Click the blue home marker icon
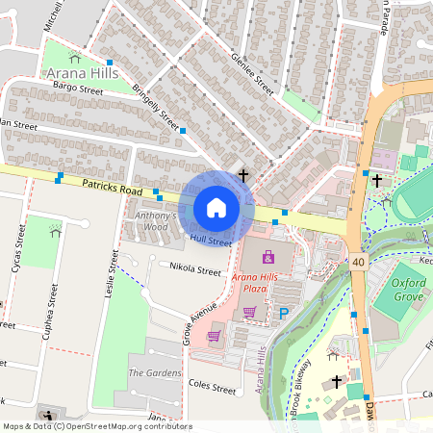(x=216, y=208)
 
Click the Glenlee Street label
(x=252, y=71)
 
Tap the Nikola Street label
(x=194, y=271)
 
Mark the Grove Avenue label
(x=174, y=322)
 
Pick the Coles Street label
(x=212, y=389)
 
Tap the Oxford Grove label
(x=408, y=289)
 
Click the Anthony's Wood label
(x=156, y=220)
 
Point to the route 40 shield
(x=358, y=261)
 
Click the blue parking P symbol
(x=283, y=313)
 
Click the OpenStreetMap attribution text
(x=96, y=425)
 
